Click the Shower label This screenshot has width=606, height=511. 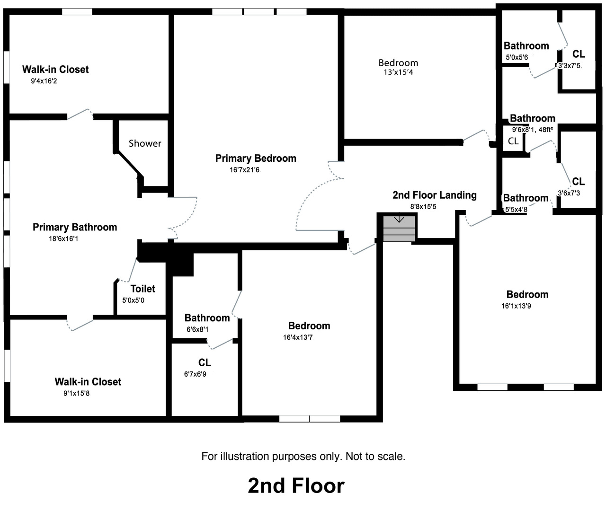pyautogui.click(x=145, y=143)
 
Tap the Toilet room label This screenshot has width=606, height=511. pyautogui.click(x=143, y=289)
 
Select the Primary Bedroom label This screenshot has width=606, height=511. pyautogui.click(x=256, y=159)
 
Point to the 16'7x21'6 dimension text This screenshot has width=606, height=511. pyautogui.click(x=245, y=170)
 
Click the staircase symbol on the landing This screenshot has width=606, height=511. pyautogui.click(x=399, y=228)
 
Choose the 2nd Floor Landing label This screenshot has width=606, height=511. pyautogui.click(x=434, y=195)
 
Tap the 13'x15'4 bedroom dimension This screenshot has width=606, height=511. pyautogui.click(x=398, y=72)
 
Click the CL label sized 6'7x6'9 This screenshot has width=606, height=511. pyautogui.click(x=205, y=363)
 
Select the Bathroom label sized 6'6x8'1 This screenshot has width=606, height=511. pyautogui.click(x=207, y=318)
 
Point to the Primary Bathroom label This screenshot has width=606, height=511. pyautogui.click(x=75, y=227)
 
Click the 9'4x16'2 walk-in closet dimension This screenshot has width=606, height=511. pyautogui.click(x=44, y=81)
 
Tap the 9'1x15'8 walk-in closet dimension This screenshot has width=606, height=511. pyautogui.click(x=76, y=393)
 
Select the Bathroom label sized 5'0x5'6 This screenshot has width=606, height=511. pyautogui.click(x=526, y=46)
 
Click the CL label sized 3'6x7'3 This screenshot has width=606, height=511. pyautogui.click(x=578, y=182)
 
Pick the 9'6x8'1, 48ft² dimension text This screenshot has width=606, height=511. pyautogui.click(x=532, y=129)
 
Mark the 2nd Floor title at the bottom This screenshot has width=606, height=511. pyautogui.click(x=296, y=486)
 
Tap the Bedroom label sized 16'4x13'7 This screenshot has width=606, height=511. pyautogui.click(x=309, y=326)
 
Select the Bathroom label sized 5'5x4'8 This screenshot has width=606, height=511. pyautogui.click(x=526, y=198)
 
